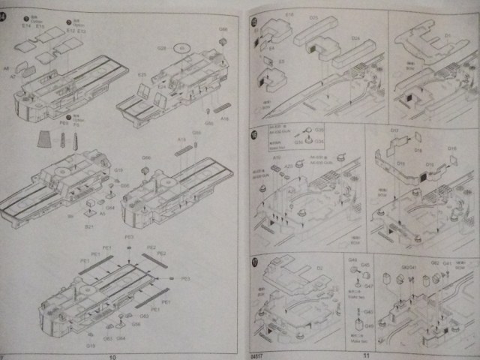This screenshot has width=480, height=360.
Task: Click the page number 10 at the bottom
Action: point(113,356)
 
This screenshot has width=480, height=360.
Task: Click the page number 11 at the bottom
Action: point(367,355)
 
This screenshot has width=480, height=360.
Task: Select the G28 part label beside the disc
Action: point(161,48)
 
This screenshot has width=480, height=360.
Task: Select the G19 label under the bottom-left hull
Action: point(90,345)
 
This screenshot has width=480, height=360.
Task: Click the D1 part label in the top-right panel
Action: point(448,34)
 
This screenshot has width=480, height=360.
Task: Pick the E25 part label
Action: point(141,74)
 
